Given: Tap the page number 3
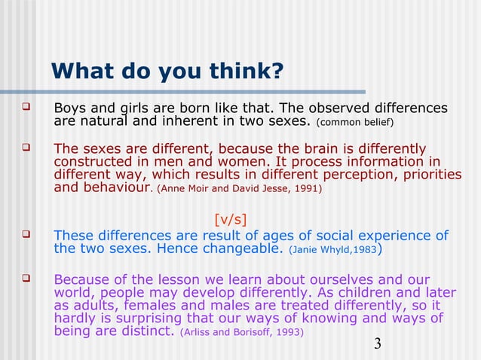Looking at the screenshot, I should tap(378, 345).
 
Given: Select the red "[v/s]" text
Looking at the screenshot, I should tap(231, 220).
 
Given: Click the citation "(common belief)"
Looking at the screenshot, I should tap(354, 123).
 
